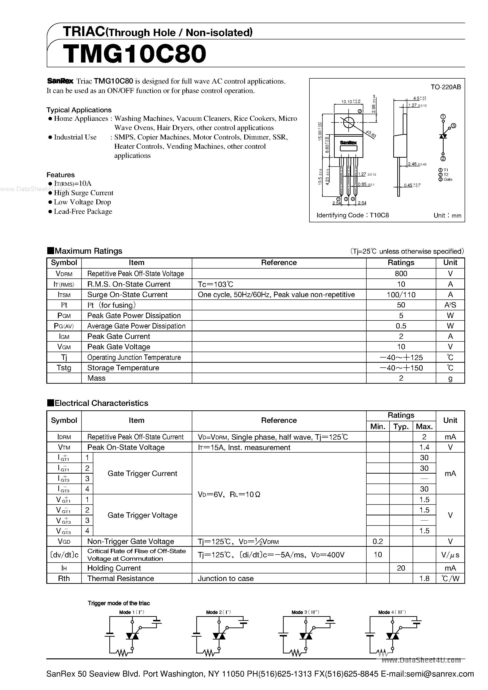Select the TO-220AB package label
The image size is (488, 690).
tap(445, 87)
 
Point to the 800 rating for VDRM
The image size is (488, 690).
tap(401, 273)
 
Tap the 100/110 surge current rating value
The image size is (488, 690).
tap(401, 295)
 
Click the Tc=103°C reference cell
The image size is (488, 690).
tap(215, 284)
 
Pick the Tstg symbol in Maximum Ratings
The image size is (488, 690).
tap(64, 368)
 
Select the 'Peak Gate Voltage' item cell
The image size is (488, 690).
tap(119, 347)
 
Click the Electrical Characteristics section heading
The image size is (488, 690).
tap(101, 403)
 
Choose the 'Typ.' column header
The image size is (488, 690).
tap(401, 426)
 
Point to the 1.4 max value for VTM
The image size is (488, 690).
tap(424, 447)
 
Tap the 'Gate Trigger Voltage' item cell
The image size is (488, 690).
tap(142, 515)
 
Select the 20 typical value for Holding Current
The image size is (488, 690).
tap(401, 568)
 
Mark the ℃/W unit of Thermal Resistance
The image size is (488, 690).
tap(450, 579)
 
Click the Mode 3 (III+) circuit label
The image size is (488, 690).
tap(305, 612)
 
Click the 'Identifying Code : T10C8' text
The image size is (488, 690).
tap(353, 215)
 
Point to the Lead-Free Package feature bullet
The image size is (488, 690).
tap(83, 212)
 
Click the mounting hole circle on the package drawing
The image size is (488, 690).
tap(348, 122)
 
